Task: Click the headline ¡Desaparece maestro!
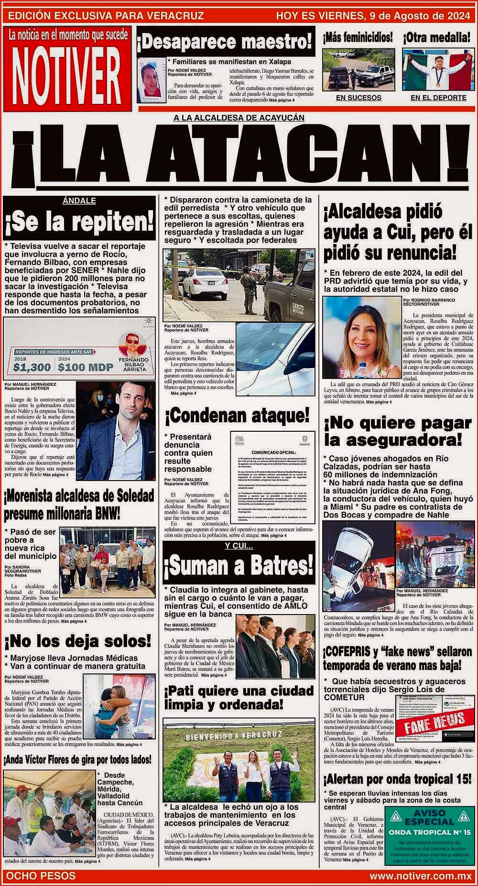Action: pyautogui.click(x=225, y=43)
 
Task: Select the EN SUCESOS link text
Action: pyautogui.click(x=358, y=98)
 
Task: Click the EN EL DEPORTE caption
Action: pyautogui.click(x=438, y=98)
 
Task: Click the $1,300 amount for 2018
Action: pyautogui.click(x=32, y=367)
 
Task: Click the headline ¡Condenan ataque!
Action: pyautogui.click(x=237, y=416)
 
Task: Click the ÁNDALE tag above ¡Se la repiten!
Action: pyautogui.click(x=79, y=201)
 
